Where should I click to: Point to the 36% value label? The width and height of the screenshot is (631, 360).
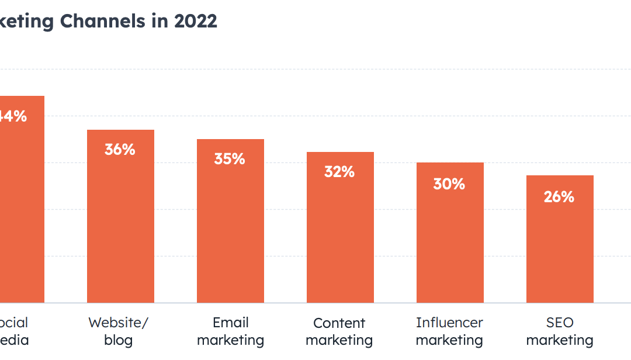120,150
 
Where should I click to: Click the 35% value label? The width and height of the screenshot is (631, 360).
230,159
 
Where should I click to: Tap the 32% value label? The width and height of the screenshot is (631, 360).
339,172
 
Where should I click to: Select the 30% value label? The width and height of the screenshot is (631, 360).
449,184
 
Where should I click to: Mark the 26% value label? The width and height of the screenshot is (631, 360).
559,197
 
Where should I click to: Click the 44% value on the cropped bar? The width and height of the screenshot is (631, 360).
13,116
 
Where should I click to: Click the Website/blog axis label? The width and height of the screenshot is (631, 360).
119,331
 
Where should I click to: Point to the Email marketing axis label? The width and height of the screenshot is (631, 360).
231,331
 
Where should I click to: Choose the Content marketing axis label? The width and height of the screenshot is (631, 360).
339,331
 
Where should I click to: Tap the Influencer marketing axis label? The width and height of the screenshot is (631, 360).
449,331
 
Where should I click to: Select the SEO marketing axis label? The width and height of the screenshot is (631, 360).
560,331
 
